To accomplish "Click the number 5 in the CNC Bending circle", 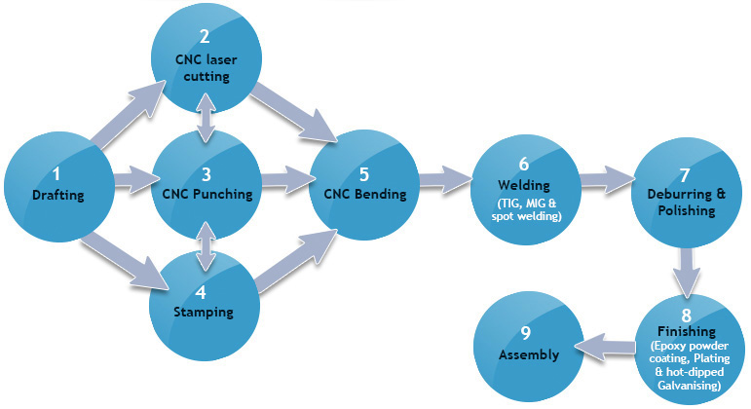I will pos(364,175).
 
